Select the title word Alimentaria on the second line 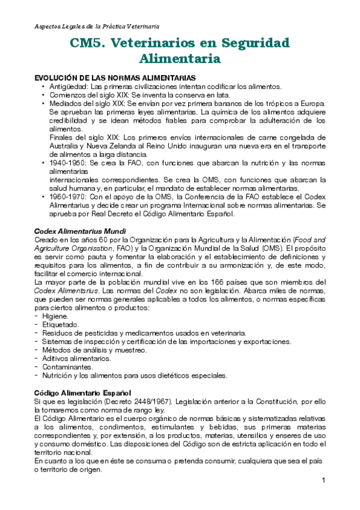[x=180, y=58]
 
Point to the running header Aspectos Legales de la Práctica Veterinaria [x=97, y=27]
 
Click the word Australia [x=66, y=146]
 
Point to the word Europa [x=311, y=103]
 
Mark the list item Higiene [x=55, y=316]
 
